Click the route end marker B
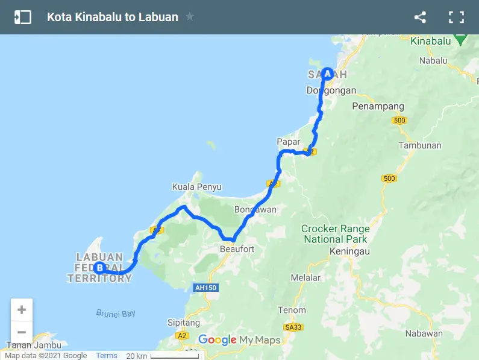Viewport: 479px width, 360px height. pos(99,268)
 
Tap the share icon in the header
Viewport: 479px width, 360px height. pos(420,17)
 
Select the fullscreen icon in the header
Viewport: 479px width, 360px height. pos(456,17)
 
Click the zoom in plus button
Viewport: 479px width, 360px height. pos(22,310)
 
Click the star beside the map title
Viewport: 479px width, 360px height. pos(190,17)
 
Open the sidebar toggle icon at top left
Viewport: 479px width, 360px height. pos(22,17)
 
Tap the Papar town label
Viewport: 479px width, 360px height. pos(288,142)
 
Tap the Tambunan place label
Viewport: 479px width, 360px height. pos(420,145)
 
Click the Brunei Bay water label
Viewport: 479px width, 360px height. pos(116,314)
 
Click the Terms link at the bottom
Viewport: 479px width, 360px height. pos(107,356)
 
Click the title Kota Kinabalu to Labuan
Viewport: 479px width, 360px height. pos(113,17)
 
